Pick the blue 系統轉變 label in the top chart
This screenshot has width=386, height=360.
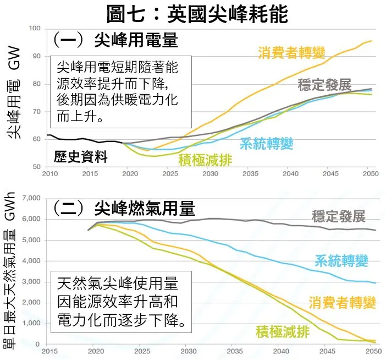pyautogui.click(x=266, y=143)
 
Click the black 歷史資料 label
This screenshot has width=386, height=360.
pyautogui.click(x=81, y=157)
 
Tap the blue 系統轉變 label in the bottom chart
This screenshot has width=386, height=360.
pyautogui.click(x=349, y=261)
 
